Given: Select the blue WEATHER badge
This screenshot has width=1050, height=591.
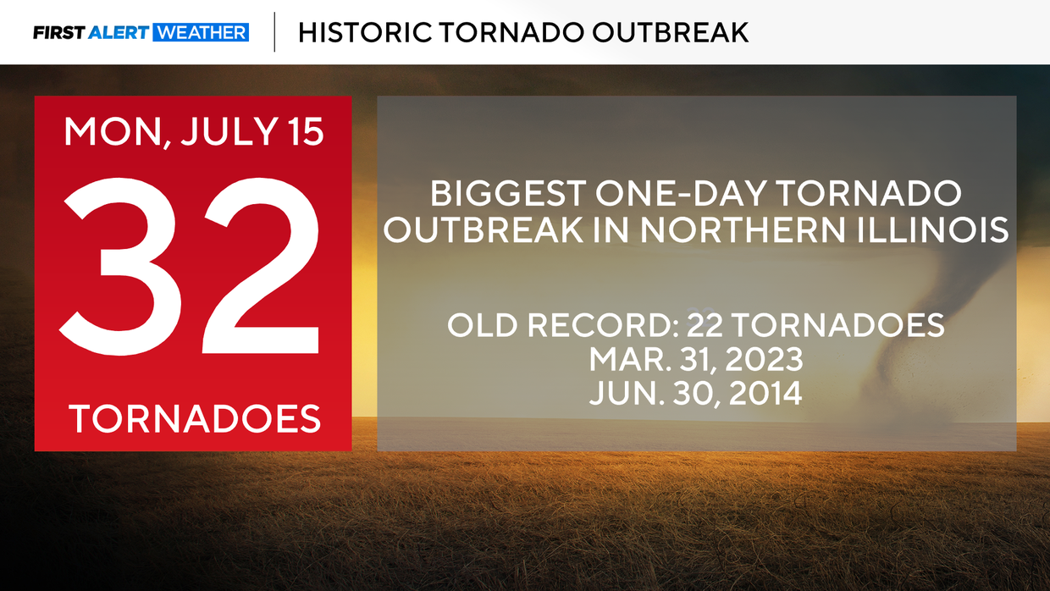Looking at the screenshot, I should pos(200,33).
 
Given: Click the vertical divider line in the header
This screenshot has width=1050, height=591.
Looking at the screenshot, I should pos(275,32).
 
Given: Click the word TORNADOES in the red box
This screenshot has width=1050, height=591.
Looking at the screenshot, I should pos(195,419).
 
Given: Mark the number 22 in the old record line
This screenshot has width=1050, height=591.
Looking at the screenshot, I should pos(708,325).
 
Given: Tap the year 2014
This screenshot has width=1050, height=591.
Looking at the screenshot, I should pos(758,394).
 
